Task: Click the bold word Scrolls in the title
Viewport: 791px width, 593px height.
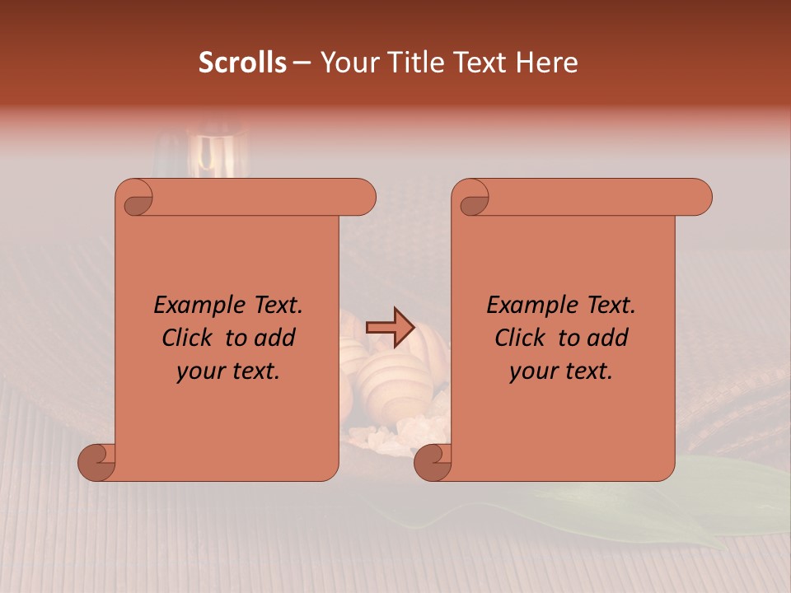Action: pyautogui.click(x=242, y=63)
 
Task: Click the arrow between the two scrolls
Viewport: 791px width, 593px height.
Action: pyautogui.click(x=390, y=327)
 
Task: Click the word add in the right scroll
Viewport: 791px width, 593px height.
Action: pyautogui.click(x=609, y=338)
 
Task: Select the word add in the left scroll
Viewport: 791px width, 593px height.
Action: pyautogui.click(x=276, y=338)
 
